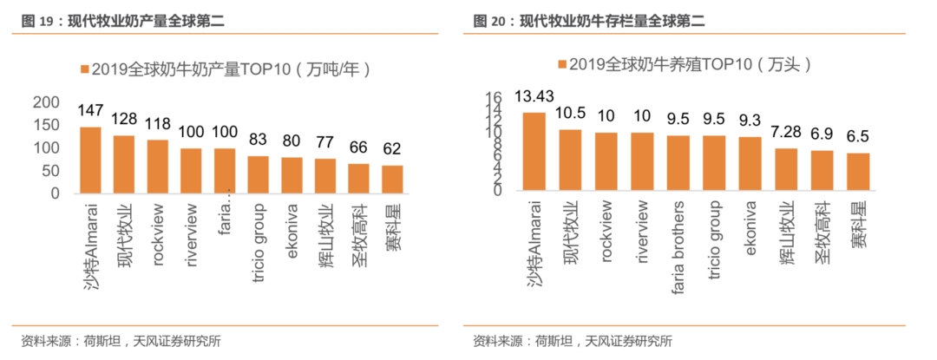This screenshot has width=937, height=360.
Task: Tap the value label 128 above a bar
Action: tap(124, 119)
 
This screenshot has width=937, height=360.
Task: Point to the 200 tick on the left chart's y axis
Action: tap(46, 102)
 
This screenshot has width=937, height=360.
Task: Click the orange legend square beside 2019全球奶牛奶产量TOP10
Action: tap(83, 69)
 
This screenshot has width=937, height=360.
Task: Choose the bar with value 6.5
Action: tap(858, 172)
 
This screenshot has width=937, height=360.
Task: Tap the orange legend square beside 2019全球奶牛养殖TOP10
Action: tap(563, 65)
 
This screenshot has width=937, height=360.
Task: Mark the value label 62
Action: tap(392, 147)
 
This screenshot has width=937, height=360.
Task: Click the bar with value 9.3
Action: tap(750, 164)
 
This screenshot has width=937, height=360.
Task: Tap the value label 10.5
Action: tap(570, 113)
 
